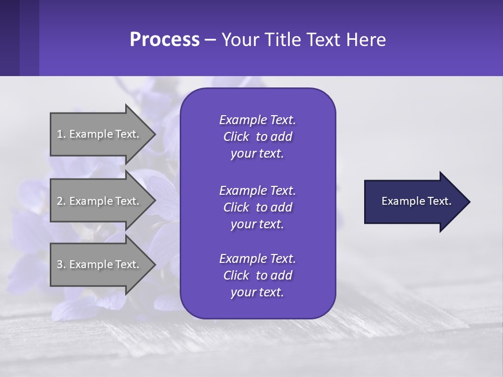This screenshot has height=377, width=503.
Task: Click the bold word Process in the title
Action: click(165, 40)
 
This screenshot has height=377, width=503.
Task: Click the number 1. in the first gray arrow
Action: click(61, 134)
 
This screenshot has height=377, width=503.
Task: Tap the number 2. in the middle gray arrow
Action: click(61, 201)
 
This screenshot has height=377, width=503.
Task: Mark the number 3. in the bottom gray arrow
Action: click(61, 264)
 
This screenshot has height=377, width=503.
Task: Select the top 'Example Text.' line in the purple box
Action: click(257, 120)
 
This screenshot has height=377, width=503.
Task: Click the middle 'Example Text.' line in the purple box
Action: click(257, 190)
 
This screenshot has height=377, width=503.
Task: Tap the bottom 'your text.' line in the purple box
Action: click(257, 293)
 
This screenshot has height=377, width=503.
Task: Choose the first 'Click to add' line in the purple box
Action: click(257, 137)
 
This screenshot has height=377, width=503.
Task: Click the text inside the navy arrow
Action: click(417, 201)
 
